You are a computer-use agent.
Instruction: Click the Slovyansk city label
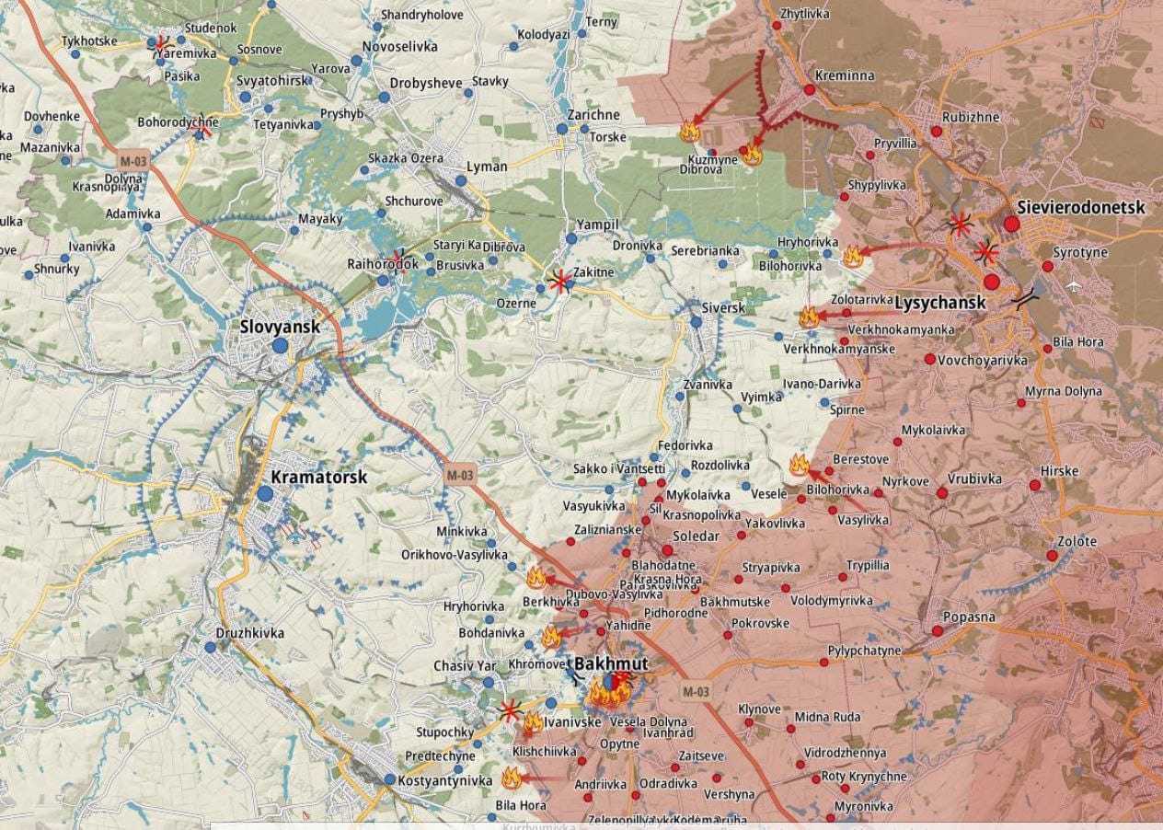280,327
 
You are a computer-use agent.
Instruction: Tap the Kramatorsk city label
318,478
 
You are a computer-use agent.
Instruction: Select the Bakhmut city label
611,663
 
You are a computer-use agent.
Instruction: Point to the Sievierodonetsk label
1080,207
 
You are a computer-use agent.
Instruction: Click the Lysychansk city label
939,302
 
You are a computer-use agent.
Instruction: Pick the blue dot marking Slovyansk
280,346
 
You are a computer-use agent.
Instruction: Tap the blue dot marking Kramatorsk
265,494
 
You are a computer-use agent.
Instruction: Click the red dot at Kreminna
810,90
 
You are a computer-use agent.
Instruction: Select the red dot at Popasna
938,631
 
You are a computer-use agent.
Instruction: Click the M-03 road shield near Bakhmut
696,691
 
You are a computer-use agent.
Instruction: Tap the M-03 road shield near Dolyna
133,161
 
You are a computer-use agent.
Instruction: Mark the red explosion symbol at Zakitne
558,282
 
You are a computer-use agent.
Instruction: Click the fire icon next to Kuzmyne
752,155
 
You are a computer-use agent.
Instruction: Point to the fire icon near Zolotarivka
809,317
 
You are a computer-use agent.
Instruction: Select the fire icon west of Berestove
799,465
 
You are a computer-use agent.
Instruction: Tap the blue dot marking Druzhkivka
210,648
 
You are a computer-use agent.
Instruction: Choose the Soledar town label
697,536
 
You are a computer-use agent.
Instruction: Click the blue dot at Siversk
697,322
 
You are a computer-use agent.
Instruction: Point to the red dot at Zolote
1053,556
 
